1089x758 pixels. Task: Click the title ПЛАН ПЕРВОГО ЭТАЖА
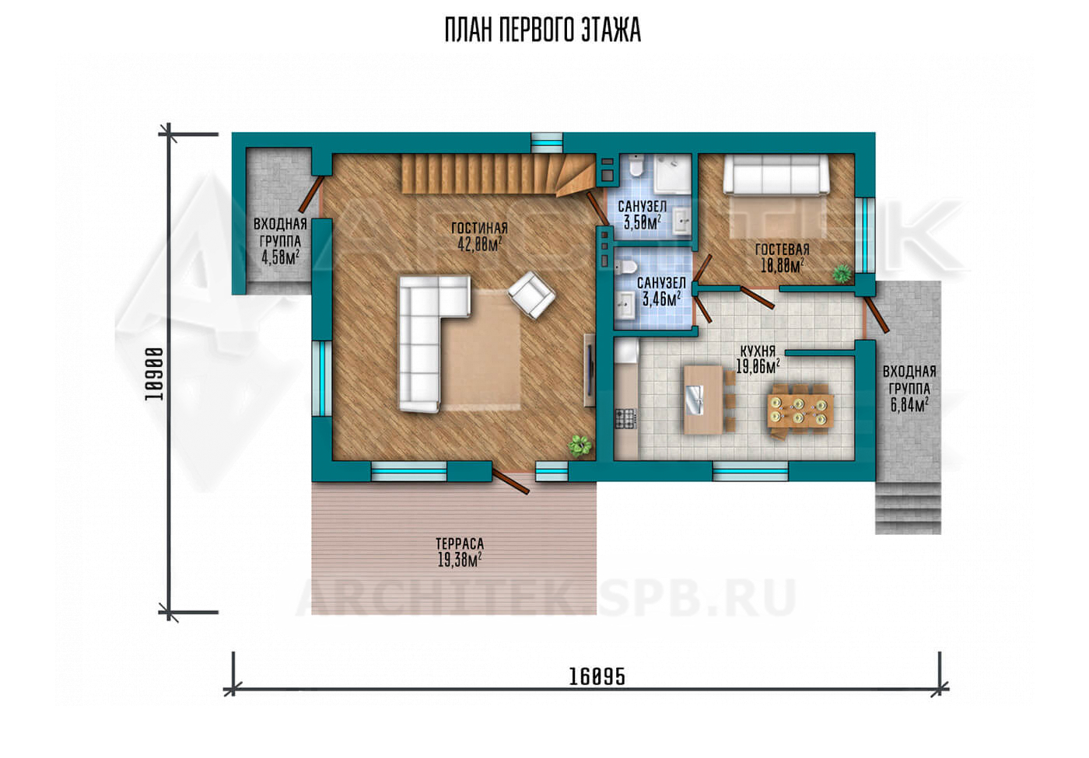pos(543,30)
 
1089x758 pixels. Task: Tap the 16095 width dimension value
pos(597,676)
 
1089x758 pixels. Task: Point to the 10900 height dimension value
pos(154,374)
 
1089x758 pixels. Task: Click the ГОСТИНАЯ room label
pos(479,228)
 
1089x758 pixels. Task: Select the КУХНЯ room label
pos(758,351)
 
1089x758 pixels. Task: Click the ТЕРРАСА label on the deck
pos(460,543)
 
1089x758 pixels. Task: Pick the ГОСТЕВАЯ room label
pos(782,250)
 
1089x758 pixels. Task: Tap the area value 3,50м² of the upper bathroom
pos(643,222)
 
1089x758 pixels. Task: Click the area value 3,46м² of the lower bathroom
pos(662,299)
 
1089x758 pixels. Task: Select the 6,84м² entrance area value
pos(909,405)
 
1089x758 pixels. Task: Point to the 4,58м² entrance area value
pos(281,257)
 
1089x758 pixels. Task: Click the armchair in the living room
pos(531,295)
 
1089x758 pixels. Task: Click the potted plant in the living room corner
pos(580,445)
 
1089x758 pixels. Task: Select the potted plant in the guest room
pos(842,274)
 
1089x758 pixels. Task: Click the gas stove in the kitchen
pos(625,418)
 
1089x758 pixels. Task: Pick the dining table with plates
pos(800,411)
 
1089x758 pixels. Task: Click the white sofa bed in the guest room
pos(776,174)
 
